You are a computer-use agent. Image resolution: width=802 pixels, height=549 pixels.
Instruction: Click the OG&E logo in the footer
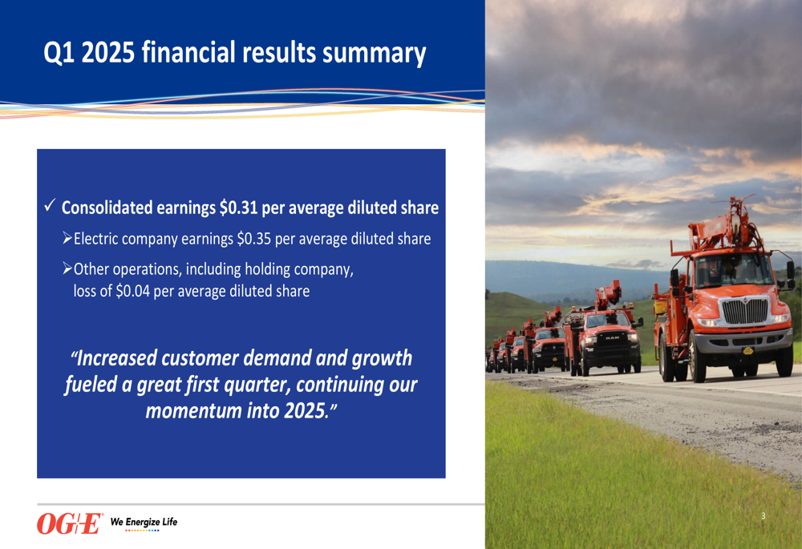(x=70, y=523)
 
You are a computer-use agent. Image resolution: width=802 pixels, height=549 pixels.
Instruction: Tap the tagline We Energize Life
(x=144, y=522)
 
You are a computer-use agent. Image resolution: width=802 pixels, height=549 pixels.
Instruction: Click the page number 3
(x=764, y=516)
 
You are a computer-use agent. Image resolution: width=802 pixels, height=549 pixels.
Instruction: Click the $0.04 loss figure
(x=133, y=291)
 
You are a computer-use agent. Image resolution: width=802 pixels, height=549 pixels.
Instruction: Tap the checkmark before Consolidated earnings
(x=50, y=205)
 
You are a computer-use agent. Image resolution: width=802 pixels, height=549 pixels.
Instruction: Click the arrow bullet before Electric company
(x=67, y=238)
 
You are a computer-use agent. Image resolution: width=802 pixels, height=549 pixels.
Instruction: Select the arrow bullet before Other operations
(x=67, y=268)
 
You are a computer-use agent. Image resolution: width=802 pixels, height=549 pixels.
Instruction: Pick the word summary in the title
(x=374, y=54)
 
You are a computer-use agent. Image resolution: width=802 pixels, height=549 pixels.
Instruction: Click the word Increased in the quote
(x=116, y=357)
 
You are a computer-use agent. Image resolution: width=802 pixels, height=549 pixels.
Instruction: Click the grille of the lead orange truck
(x=745, y=311)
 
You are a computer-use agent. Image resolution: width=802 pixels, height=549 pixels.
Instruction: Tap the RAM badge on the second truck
(x=612, y=338)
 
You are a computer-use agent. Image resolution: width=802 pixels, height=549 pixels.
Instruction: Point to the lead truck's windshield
(x=734, y=269)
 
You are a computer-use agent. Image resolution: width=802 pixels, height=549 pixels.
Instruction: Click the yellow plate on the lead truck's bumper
(x=747, y=351)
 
